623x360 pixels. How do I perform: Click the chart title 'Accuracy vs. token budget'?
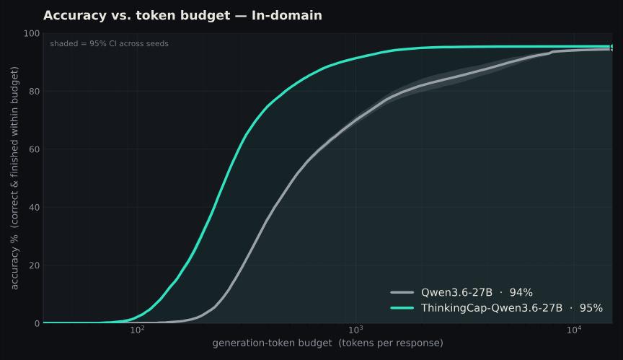(137, 15)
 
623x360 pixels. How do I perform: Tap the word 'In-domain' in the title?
(287, 15)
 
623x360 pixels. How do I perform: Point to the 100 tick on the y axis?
(32, 33)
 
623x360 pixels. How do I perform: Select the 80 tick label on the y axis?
(35, 92)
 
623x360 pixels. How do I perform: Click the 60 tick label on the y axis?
(35, 149)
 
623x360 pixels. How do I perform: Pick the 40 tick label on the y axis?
(35, 208)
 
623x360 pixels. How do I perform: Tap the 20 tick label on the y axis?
(35, 265)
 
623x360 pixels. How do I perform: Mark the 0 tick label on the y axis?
(37, 323)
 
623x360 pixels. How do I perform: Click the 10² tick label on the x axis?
(138, 330)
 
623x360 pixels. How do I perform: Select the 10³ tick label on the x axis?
(356, 330)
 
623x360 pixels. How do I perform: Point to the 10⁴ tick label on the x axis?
(575, 330)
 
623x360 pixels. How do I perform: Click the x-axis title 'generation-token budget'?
(272, 343)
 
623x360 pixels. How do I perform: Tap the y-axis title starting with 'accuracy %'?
(14, 178)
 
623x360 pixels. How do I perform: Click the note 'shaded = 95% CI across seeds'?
(110, 44)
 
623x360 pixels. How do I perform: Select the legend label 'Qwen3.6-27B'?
(456, 292)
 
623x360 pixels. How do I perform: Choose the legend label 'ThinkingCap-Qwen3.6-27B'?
(492, 308)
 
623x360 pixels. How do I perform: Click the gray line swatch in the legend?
(402, 293)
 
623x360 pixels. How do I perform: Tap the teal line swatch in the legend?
(402, 308)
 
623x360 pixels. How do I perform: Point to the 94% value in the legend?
(521, 292)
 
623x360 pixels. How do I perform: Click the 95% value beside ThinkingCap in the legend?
(591, 308)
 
